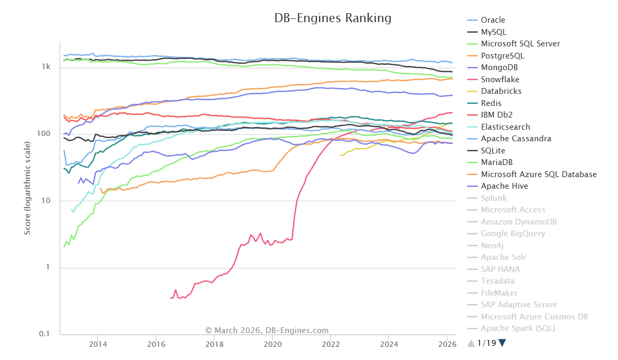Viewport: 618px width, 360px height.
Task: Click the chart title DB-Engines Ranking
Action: click(x=332, y=18)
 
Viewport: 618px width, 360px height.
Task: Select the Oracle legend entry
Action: click(x=493, y=20)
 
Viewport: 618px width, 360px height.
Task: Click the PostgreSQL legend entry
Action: click(x=502, y=56)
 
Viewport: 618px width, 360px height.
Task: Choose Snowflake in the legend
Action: click(x=500, y=80)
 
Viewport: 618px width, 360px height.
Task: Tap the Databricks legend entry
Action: click(x=501, y=91)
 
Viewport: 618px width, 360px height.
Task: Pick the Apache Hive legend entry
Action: click(x=504, y=186)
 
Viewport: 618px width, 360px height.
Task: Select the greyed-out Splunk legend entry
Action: click(x=494, y=198)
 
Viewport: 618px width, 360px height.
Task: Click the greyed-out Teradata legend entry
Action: click(x=497, y=281)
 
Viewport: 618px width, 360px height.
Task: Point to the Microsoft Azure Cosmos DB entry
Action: click(x=534, y=317)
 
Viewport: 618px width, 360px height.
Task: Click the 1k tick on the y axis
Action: click(x=46, y=67)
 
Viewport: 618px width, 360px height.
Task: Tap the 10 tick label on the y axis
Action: click(x=46, y=201)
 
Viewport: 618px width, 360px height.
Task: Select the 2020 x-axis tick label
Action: click(x=272, y=344)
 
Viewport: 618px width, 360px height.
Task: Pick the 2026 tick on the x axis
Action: click(x=447, y=344)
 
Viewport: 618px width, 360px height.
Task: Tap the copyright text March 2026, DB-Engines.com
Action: click(x=267, y=330)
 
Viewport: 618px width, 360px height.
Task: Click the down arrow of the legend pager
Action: click(x=502, y=343)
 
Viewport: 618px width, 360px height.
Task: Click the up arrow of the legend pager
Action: click(x=471, y=343)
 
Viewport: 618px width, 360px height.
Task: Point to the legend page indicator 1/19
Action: click(x=486, y=343)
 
